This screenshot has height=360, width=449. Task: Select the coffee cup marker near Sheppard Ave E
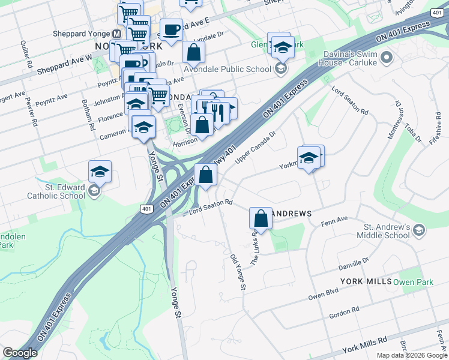(x=171, y=30)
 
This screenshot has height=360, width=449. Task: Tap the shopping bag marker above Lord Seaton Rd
(x=206, y=176)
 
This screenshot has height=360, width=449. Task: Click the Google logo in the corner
(x=20, y=353)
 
